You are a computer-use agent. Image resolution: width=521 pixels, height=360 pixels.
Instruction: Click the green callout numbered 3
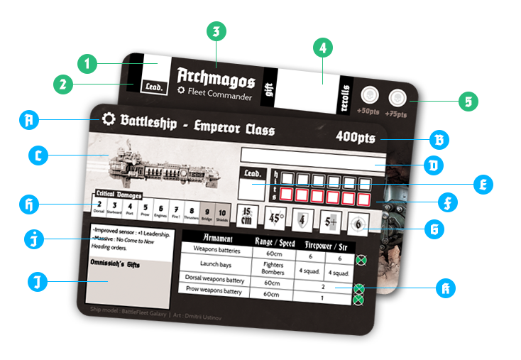click(x=216, y=31)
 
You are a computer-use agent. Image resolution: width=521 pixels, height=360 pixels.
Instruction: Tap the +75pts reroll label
click(x=397, y=111)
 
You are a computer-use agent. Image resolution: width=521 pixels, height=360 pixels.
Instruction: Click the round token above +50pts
click(x=369, y=96)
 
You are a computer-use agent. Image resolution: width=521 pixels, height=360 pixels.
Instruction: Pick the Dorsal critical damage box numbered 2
click(x=99, y=207)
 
